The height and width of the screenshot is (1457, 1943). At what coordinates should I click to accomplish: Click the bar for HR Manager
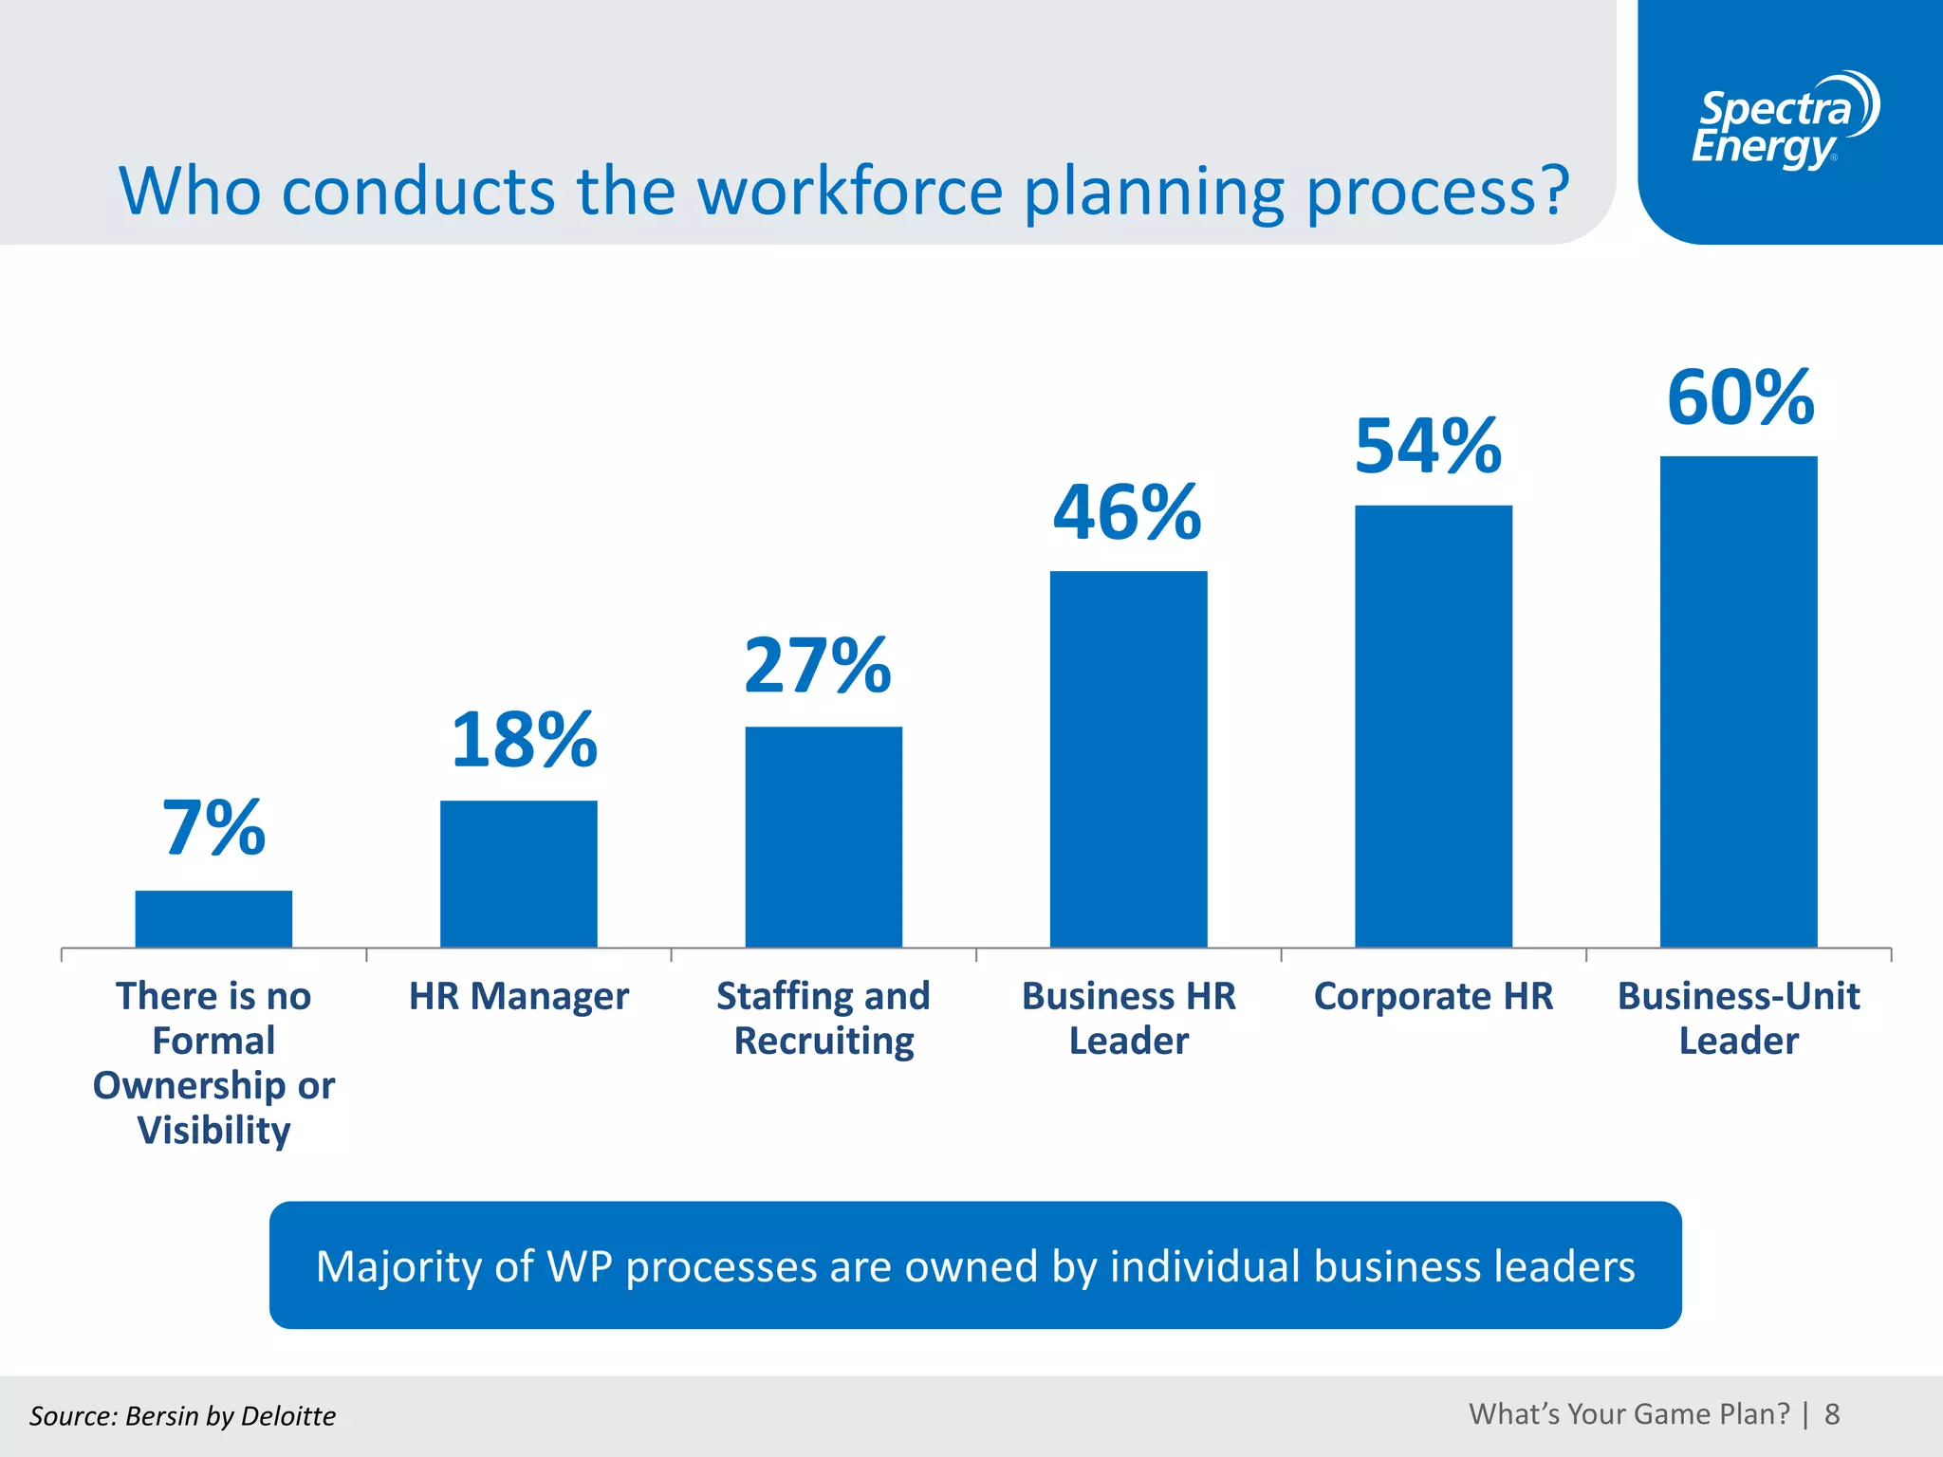pos(518,874)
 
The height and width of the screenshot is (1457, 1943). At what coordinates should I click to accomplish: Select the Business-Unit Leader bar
pos(1738,702)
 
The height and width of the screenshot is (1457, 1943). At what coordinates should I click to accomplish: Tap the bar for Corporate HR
pos(1433,726)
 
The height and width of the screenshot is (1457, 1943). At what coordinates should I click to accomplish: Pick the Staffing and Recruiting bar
pos(823,837)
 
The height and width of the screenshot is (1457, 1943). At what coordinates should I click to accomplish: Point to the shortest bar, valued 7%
pos(213,918)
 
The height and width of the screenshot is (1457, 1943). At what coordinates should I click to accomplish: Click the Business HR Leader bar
pos(1128,759)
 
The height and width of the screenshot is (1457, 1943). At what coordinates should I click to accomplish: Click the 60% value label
pos(1740,397)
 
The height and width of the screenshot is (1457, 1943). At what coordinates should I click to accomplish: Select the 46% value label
pos(1127,513)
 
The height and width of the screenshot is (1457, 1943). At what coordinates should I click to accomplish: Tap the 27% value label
pos(818,666)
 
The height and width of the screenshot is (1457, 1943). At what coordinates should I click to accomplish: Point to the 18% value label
pos(524,741)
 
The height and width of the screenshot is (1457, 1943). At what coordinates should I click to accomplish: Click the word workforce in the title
pos(850,192)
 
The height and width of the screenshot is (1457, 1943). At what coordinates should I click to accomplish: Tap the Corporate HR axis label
pos(1433,996)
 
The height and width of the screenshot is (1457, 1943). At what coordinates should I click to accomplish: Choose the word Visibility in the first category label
pos(213,1131)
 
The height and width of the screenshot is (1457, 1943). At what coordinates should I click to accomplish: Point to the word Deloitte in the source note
pos(288,1416)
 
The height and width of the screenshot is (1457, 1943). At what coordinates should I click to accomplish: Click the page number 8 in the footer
pos(1832,1414)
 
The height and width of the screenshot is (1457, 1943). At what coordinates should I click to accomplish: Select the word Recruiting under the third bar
pos(823,1042)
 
